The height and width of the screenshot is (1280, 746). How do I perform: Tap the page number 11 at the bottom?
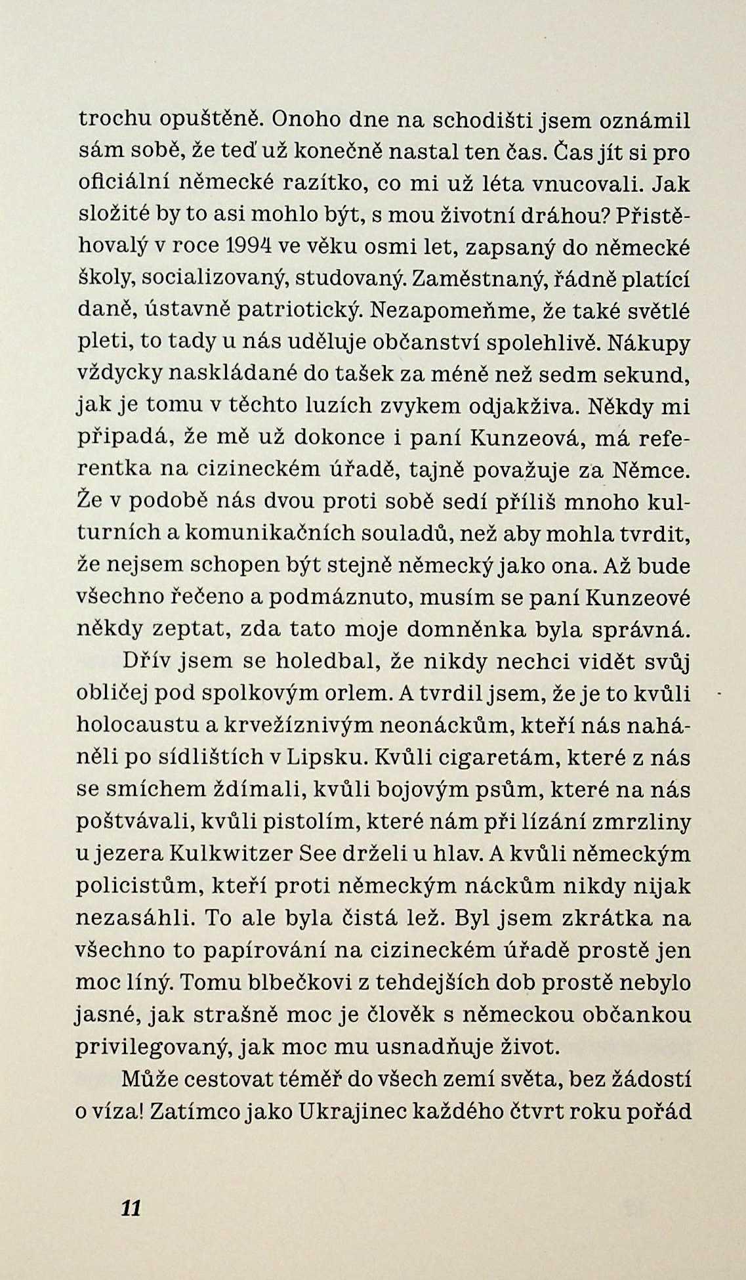pos(131,1207)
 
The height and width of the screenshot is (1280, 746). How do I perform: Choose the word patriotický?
pos(291,310)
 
